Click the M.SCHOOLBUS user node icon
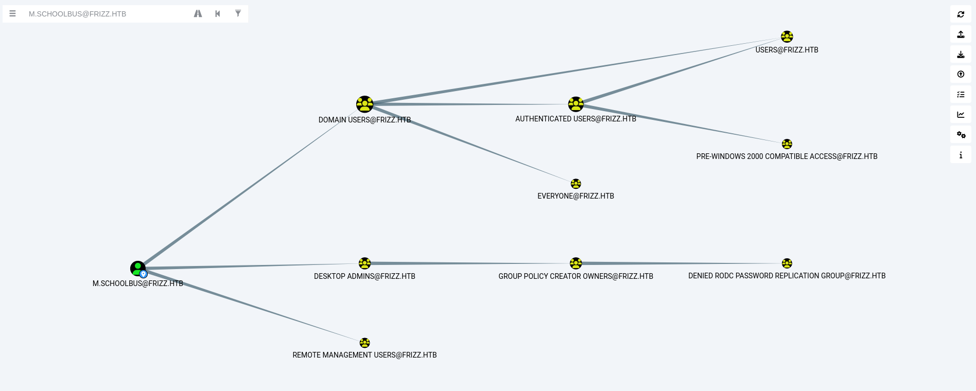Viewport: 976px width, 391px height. pos(137,268)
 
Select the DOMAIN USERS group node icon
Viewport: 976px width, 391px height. pos(364,104)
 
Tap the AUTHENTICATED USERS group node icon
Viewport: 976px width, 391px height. pos(576,104)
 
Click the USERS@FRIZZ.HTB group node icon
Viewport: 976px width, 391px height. pos(787,37)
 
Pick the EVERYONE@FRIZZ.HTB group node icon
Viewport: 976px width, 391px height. pos(576,184)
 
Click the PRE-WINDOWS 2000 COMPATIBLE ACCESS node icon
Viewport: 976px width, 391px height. pos(787,144)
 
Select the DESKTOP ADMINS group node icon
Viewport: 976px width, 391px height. pos(364,263)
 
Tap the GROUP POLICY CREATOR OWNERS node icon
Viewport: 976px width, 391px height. pos(576,263)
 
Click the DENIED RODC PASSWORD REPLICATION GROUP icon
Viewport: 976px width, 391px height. pos(787,263)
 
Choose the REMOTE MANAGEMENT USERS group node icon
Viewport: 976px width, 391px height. pos(364,343)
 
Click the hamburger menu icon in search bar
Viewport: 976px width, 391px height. pos(13,14)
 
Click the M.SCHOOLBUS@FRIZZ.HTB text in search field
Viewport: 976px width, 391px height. pos(77,14)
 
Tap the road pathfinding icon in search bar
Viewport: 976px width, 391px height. pos(198,14)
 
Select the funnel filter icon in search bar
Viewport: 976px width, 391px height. pos(238,14)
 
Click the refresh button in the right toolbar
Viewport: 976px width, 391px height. pos(961,14)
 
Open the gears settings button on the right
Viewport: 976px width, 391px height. pos(961,135)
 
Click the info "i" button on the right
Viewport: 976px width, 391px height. pos(961,155)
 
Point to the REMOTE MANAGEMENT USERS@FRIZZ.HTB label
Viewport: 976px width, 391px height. pos(364,355)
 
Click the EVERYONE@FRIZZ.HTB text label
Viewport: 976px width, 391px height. pos(576,196)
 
